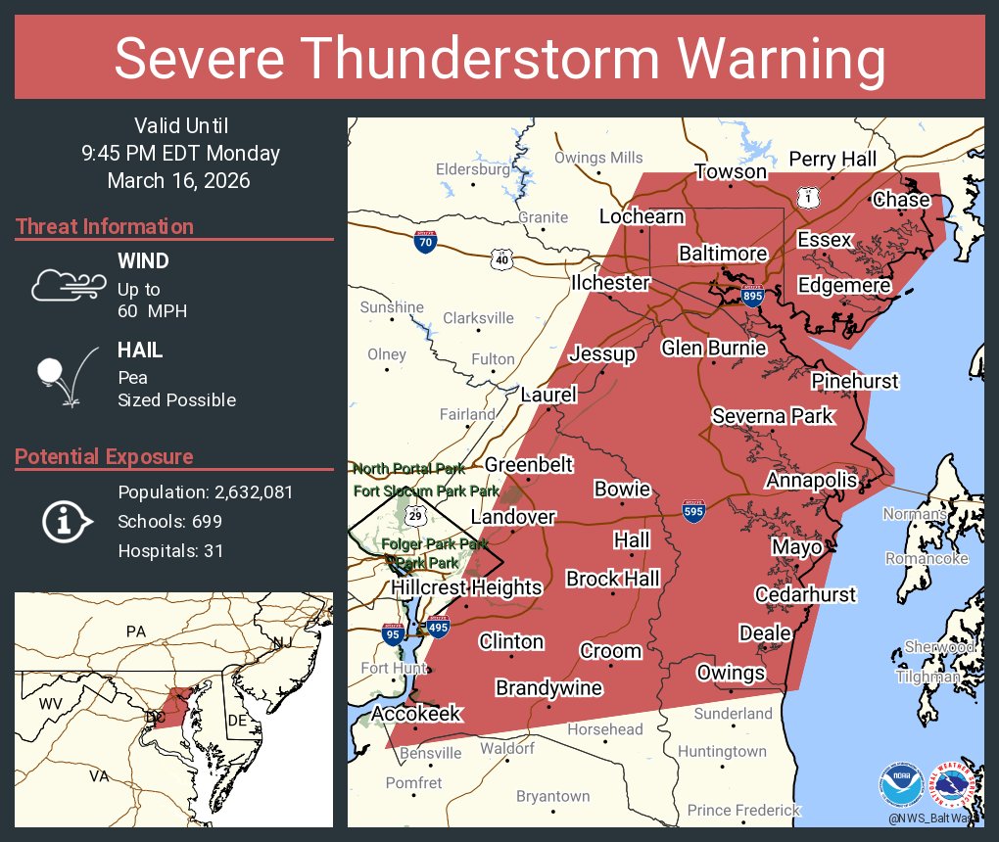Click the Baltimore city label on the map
(x=723, y=254)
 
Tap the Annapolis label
(x=811, y=480)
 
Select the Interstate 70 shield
(x=425, y=242)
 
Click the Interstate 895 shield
(x=751, y=296)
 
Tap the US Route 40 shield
(x=501, y=259)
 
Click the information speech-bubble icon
(x=66, y=521)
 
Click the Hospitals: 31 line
(x=170, y=551)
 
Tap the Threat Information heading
(x=105, y=226)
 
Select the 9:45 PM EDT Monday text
(x=180, y=154)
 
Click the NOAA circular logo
(x=900, y=783)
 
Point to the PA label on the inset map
(x=135, y=631)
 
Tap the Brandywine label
(x=548, y=688)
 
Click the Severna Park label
(x=772, y=416)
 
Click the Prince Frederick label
(x=743, y=810)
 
